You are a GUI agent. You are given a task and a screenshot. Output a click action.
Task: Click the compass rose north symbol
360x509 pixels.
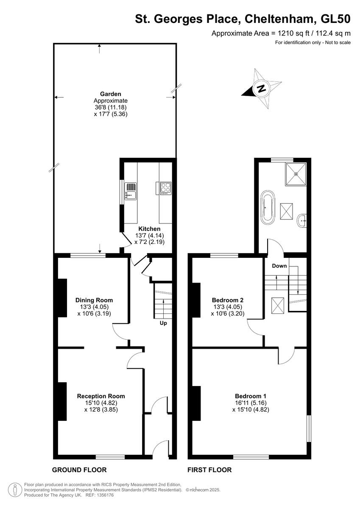[261, 89]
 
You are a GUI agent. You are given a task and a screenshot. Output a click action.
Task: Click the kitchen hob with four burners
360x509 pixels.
[165, 188]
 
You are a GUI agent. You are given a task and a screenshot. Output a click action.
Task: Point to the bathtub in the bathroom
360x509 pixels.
[268, 207]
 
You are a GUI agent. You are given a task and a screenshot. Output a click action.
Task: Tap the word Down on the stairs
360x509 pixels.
[279, 266]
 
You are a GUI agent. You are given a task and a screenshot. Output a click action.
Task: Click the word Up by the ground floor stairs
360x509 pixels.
[163, 323]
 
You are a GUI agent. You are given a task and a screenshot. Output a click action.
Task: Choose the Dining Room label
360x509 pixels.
[94, 300]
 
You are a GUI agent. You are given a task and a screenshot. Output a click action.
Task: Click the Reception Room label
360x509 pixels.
[101, 396]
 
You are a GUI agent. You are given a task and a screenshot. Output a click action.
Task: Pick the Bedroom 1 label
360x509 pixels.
[251, 396]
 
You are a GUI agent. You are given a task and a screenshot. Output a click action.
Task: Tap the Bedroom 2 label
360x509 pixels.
[228, 300]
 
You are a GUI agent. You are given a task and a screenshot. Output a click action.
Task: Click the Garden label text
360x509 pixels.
[111, 94]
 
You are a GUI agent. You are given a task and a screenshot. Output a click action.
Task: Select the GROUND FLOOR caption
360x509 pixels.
[79, 470]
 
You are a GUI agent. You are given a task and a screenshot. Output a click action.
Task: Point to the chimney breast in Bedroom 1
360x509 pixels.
[197, 403]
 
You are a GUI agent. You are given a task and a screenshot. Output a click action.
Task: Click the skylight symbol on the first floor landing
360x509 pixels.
[278, 305]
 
